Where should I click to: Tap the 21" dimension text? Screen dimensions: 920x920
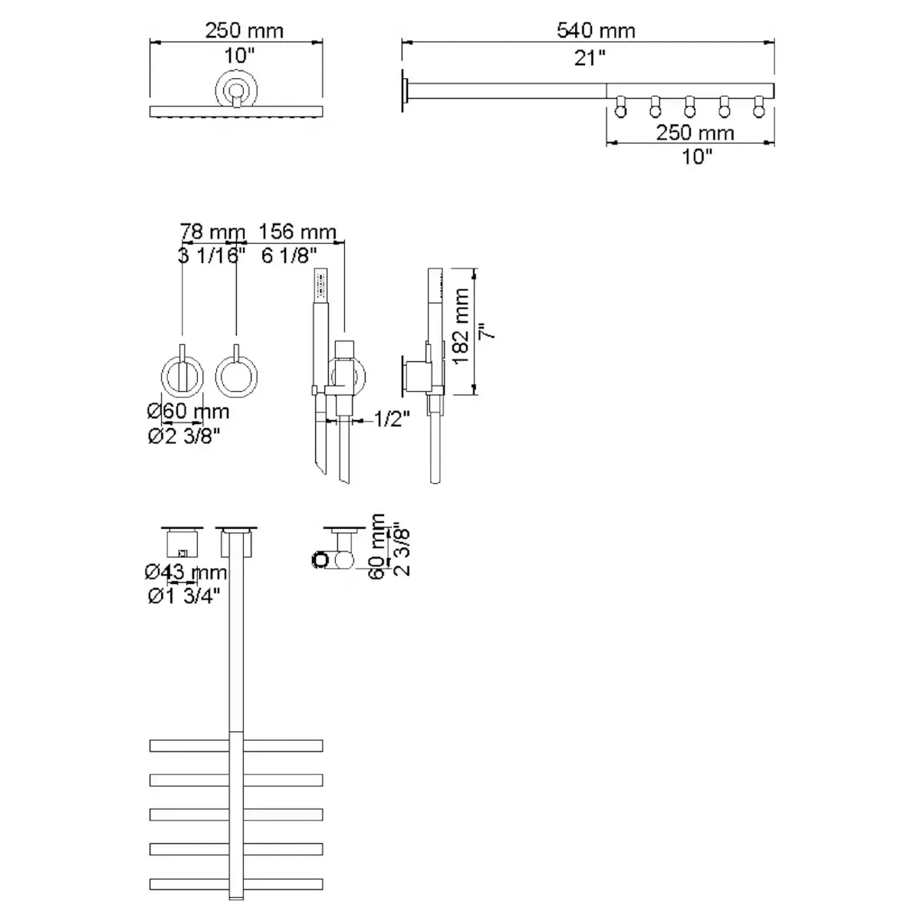[590, 57]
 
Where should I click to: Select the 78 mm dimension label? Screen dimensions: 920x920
[212, 232]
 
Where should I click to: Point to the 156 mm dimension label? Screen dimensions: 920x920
[297, 232]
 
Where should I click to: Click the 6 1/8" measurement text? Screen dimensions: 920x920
[289, 255]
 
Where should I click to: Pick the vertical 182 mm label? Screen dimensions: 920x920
[462, 327]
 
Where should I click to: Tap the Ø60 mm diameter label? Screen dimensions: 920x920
[188, 412]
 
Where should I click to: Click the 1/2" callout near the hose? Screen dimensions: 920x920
[392, 419]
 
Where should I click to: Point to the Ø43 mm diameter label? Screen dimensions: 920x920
[186, 572]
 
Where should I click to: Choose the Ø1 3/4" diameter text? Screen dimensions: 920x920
[184, 596]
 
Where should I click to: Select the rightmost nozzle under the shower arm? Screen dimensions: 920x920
[760, 108]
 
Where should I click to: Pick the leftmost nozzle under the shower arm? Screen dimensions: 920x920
[620, 108]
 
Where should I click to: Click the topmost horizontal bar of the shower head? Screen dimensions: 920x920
[236, 745]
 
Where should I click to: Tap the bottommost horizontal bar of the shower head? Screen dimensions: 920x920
[236, 883]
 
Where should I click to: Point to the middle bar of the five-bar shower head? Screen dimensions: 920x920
[236, 814]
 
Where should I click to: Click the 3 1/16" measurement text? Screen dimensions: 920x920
[212, 255]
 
